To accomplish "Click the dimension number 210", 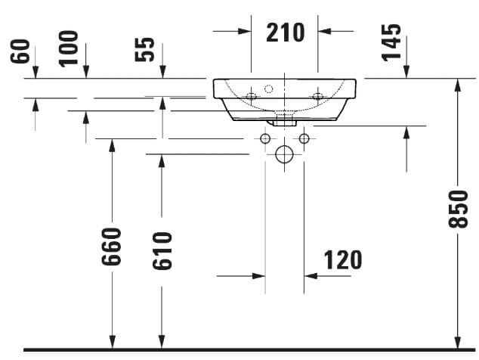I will click(285, 32).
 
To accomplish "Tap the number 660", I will click(112, 246).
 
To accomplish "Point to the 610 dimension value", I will click(161, 250).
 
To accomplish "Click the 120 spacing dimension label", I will click(342, 259).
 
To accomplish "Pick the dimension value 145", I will click(391, 42).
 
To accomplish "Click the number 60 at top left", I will click(20, 52).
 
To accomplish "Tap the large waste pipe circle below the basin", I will click(285, 155).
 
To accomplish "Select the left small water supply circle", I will click(265, 138).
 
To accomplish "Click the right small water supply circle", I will click(304, 138).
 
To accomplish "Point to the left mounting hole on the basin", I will click(251, 95).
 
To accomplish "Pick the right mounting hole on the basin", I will click(318, 95).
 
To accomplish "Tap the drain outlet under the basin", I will click(285, 119).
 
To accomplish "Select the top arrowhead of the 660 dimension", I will click(112, 146).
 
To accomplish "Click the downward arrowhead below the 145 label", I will click(407, 71).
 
